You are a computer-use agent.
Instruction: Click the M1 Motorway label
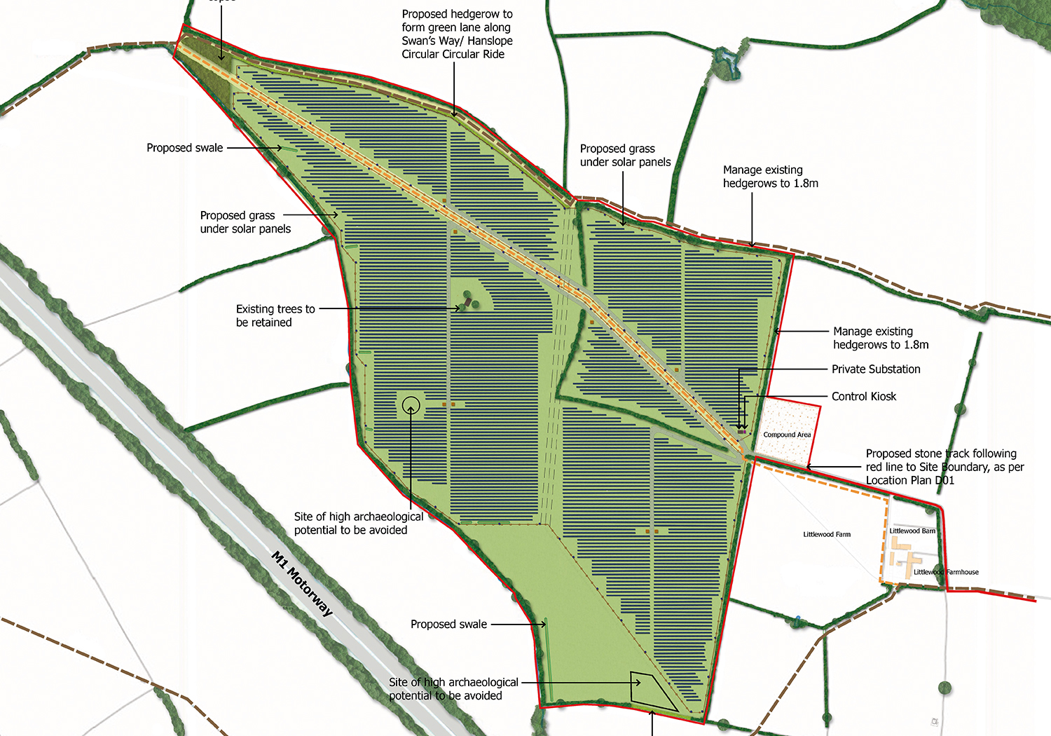(302, 584)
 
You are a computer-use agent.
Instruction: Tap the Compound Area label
(787, 435)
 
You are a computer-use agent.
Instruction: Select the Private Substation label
(876, 369)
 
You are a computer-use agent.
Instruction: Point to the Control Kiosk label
(864, 397)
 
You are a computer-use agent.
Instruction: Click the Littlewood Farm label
(827, 535)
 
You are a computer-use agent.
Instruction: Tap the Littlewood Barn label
(912, 531)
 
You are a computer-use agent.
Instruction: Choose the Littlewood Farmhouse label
(946, 572)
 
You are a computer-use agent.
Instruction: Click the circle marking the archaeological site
(411, 404)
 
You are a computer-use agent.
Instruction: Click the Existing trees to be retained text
(275, 315)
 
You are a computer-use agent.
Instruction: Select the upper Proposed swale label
(184, 148)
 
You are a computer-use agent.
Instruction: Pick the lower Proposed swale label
(448, 625)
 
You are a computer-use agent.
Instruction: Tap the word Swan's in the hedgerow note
(418, 41)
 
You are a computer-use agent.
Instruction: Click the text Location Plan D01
(909, 480)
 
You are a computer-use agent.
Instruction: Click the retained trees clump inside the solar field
(472, 300)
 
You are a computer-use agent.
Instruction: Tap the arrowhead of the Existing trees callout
(460, 308)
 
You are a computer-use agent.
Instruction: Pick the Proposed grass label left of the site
(245, 222)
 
